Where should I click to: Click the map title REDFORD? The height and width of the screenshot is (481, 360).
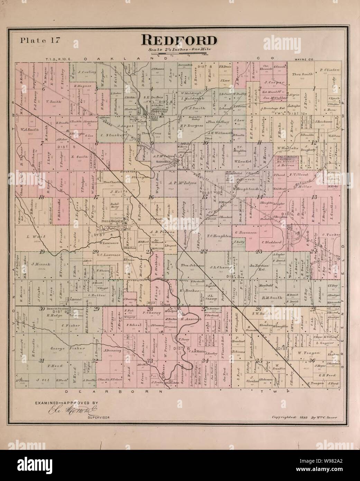coord(179,40)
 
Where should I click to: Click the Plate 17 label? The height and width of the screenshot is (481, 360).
coord(40,39)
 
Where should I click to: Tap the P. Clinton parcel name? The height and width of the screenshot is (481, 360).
coord(330,70)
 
